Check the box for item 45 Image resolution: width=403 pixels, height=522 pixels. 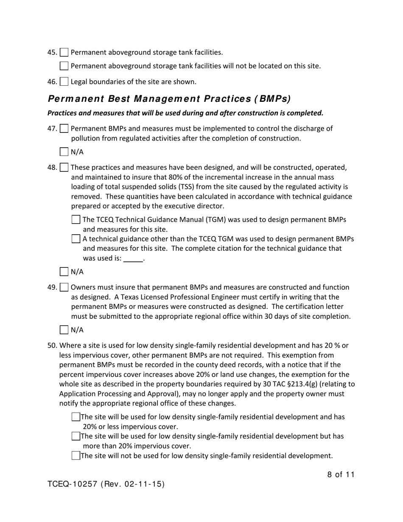point(64,53)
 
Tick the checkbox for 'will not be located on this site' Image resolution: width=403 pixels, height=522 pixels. point(64,66)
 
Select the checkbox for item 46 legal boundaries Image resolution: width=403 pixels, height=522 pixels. point(64,81)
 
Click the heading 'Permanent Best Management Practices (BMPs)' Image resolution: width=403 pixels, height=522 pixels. point(169,99)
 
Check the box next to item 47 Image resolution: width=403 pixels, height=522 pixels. point(64,129)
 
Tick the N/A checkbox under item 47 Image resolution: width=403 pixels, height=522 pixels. point(64,152)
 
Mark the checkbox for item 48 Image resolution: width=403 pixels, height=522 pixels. point(64,168)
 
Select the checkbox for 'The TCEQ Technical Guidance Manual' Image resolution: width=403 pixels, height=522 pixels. point(76,220)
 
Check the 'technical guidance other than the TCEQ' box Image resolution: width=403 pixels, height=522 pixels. point(76,239)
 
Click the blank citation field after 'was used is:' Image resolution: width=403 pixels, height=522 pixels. point(133,258)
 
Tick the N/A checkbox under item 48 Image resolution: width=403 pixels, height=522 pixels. point(64,272)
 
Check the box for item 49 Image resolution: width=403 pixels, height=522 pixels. point(64,288)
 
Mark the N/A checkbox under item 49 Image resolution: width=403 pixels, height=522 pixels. point(64,330)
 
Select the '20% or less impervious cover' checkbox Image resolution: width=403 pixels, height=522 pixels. point(76,417)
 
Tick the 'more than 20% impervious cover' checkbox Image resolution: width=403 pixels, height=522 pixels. point(76,436)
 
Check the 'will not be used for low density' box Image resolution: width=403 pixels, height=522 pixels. point(76,456)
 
